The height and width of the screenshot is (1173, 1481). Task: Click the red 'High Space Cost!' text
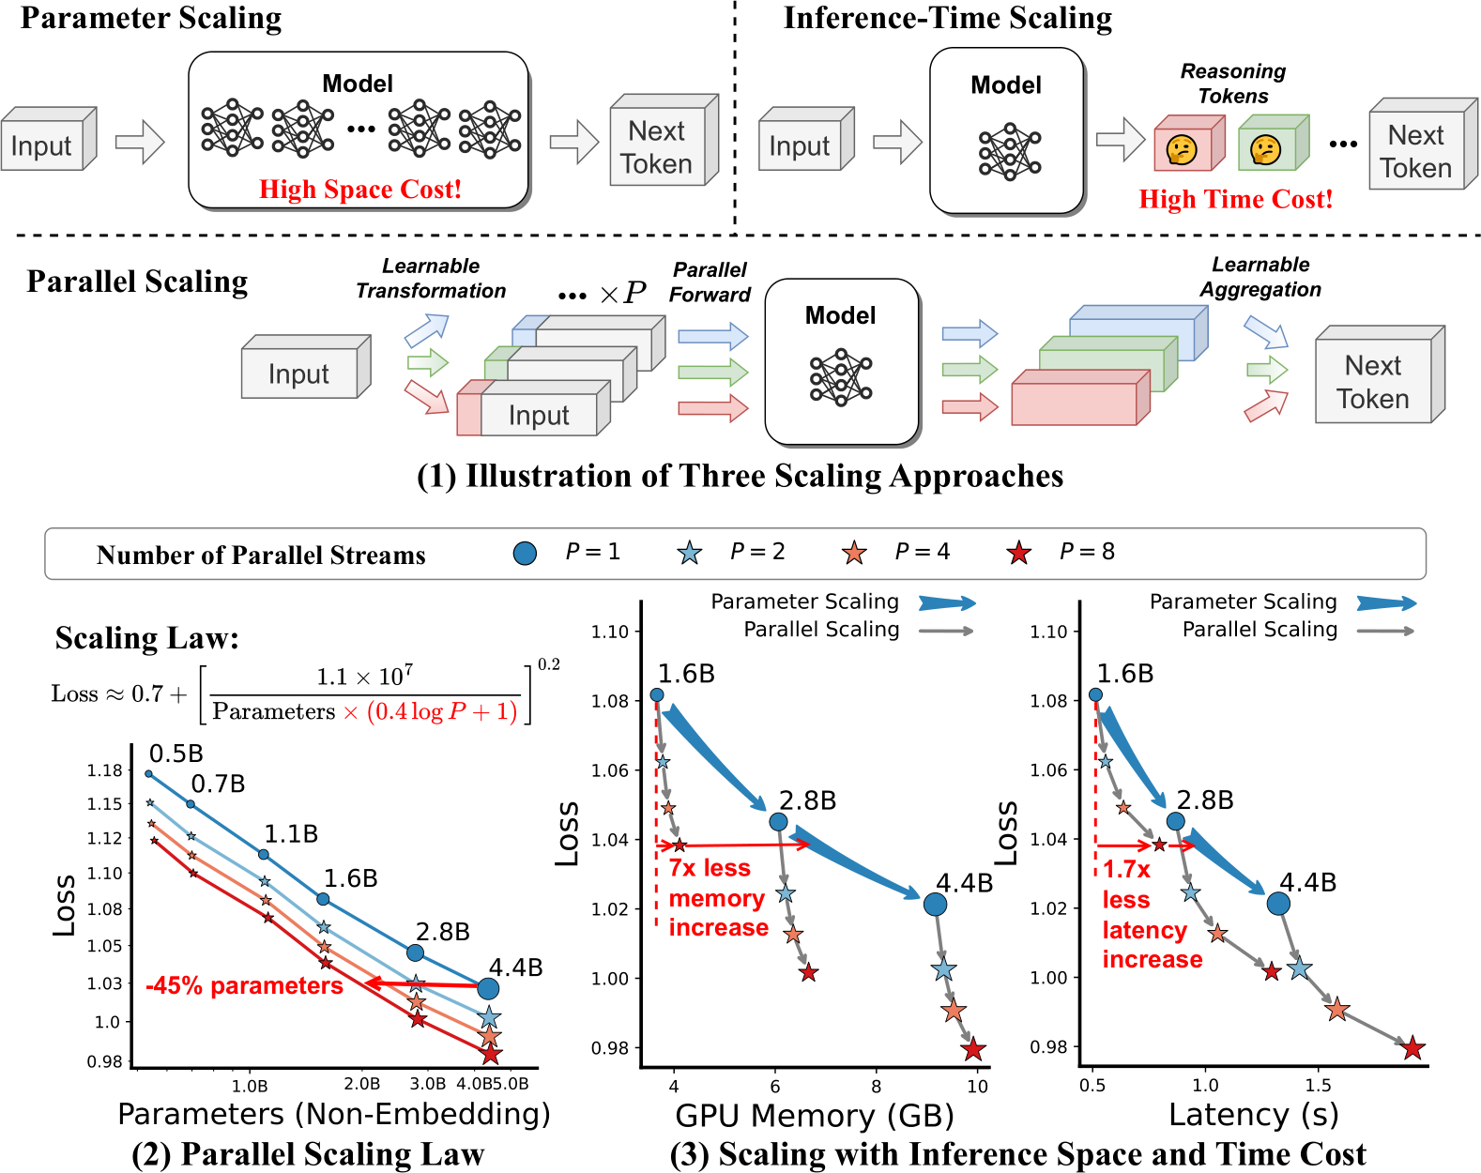point(360,190)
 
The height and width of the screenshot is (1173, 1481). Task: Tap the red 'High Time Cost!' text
point(1235,199)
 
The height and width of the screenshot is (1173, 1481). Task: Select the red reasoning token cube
point(1187,145)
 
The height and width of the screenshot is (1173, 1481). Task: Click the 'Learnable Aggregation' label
point(1260,277)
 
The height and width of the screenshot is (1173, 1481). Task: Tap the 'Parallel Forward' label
point(710,282)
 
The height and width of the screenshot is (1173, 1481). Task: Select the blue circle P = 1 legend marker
point(526,554)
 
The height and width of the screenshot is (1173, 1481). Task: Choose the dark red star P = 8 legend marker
point(1018,554)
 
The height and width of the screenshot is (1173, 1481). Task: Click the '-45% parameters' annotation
point(244,986)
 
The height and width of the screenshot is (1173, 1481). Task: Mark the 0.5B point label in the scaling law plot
point(176,754)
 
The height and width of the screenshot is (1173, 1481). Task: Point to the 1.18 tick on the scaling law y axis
point(105,770)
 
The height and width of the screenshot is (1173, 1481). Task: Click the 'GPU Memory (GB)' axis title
point(814,1116)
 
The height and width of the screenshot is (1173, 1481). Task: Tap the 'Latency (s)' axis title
point(1253,1115)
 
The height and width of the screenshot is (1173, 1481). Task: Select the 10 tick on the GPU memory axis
point(977,1087)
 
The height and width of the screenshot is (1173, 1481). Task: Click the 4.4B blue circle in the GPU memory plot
point(935,905)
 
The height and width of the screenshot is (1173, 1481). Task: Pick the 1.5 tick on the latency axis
point(1318,1086)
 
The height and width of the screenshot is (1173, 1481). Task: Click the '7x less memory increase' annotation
point(718,898)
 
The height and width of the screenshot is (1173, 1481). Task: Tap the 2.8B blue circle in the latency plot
point(1175,821)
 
